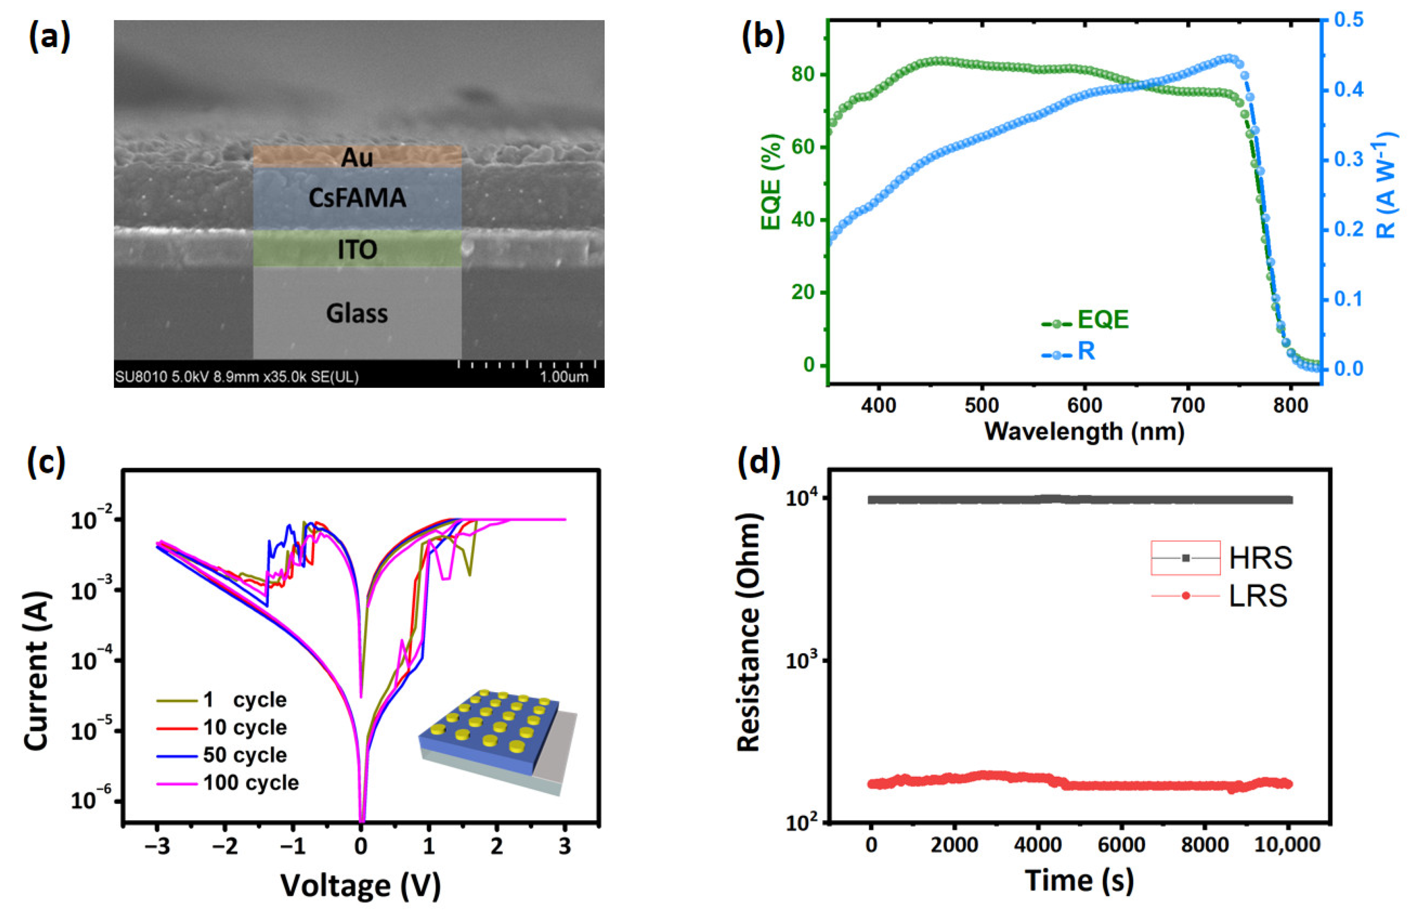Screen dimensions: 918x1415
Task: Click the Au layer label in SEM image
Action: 357,158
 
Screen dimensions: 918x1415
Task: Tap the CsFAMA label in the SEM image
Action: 357,198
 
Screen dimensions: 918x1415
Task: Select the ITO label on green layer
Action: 357,249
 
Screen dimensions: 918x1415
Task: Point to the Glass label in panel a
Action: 357,313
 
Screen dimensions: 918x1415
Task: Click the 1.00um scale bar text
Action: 563,377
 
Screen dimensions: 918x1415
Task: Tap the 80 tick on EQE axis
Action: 803,75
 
